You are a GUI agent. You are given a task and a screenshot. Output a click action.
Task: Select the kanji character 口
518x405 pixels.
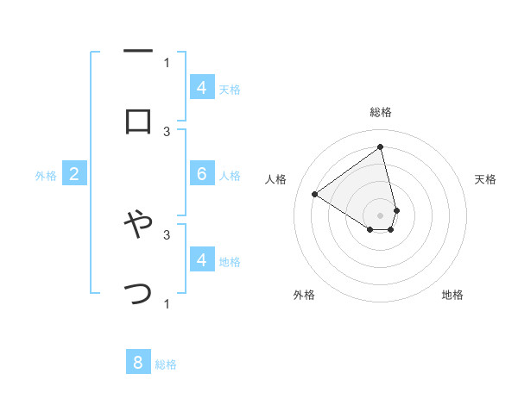[138, 121]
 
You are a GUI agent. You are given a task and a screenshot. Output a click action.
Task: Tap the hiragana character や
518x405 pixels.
[138, 226]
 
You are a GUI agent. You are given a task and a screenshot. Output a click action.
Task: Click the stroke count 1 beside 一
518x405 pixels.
[167, 62]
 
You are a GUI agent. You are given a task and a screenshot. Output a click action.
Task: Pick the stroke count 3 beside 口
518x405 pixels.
[167, 131]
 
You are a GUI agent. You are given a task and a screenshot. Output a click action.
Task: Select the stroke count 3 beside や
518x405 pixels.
[167, 234]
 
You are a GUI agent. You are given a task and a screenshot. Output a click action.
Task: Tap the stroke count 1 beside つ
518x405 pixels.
[167, 303]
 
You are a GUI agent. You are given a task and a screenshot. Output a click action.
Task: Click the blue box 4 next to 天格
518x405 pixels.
[202, 88]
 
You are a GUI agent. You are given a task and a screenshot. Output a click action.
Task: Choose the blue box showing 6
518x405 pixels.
[202, 174]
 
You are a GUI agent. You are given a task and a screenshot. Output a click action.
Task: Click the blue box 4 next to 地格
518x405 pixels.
[202, 259]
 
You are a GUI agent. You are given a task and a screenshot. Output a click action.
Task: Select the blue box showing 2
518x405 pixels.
[74, 175]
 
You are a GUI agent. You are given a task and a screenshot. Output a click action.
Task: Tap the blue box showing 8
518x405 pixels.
[138, 363]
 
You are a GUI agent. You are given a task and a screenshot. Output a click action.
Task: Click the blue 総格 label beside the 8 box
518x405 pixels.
[167, 364]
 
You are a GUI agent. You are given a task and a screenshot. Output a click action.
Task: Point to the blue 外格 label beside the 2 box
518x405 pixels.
[46, 176]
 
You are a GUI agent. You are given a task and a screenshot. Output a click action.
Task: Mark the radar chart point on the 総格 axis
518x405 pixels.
[380, 146]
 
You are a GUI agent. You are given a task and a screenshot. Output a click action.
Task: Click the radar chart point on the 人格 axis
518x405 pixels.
[315, 194]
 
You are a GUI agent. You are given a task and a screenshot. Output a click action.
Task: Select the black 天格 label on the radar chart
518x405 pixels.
[485, 179]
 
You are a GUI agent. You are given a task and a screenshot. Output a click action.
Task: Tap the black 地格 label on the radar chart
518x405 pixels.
[452, 295]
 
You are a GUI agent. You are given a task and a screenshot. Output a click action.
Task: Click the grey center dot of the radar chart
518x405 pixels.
[380, 215]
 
